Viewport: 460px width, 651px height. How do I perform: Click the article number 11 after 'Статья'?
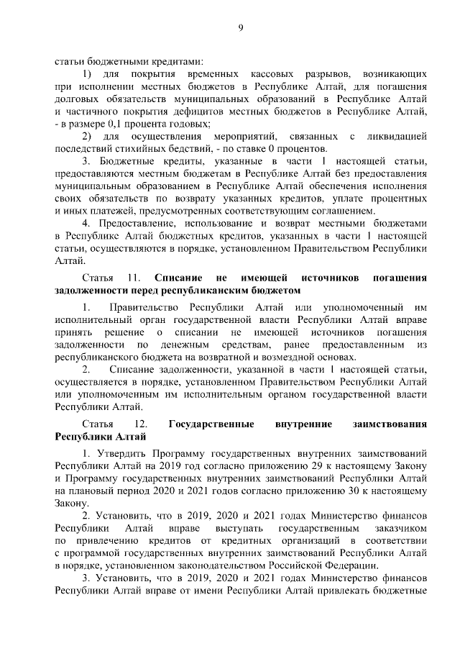[x=132, y=277]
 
